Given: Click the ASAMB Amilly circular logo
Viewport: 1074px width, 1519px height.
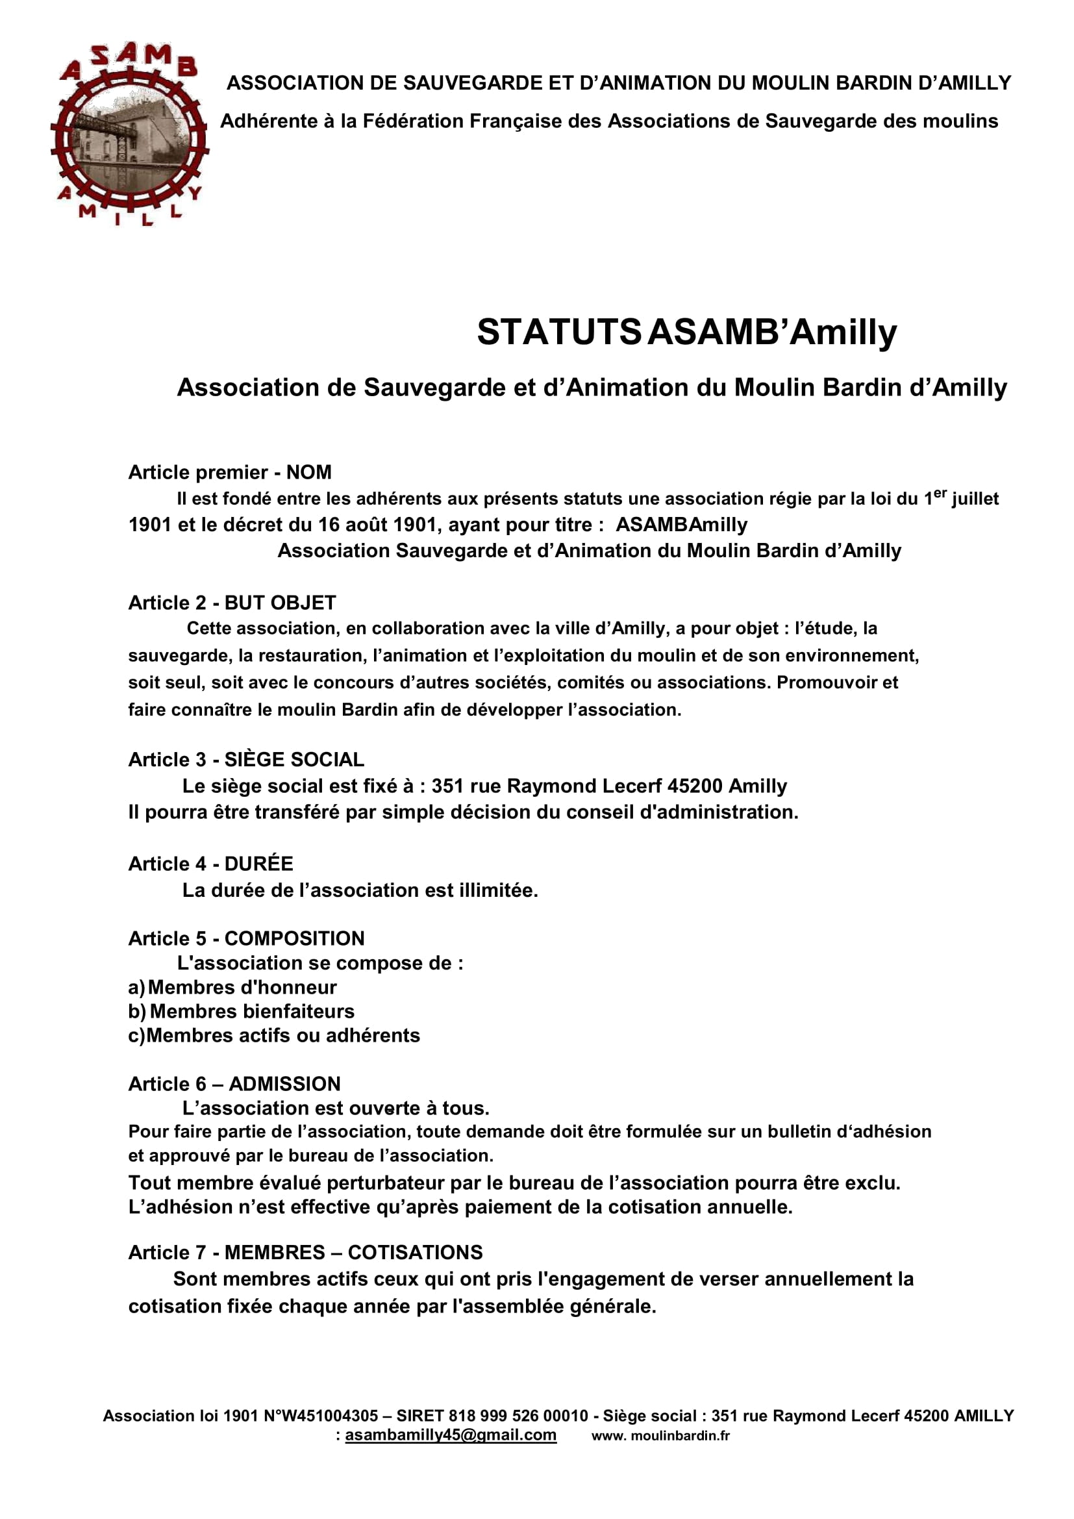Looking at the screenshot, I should (x=129, y=135).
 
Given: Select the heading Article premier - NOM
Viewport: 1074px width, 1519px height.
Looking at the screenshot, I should (x=229, y=472).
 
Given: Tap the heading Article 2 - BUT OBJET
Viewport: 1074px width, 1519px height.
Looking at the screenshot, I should (x=232, y=603).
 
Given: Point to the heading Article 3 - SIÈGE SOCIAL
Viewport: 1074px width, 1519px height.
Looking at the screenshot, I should (x=246, y=760).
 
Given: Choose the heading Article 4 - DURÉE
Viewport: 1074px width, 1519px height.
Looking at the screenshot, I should (x=210, y=863).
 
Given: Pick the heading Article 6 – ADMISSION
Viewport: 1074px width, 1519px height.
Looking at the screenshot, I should (x=234, y=1084).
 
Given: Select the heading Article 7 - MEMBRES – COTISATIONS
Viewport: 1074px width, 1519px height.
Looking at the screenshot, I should (x=305, y=1252).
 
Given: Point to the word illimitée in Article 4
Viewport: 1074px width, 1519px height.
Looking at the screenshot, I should (x=497, y=890).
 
